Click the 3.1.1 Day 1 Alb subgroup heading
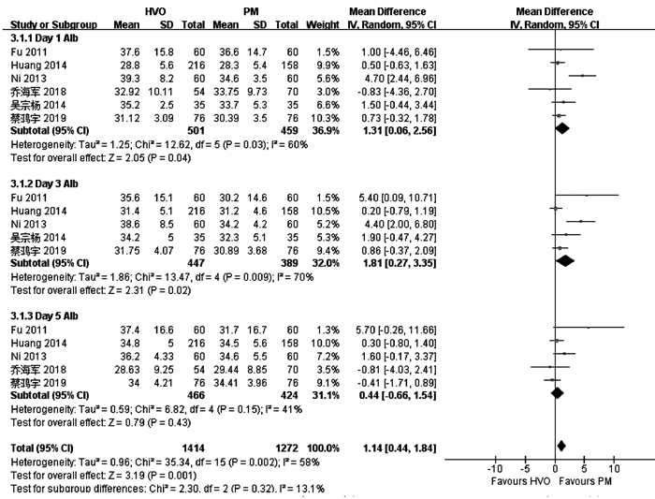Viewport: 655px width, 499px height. coord(43,37)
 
